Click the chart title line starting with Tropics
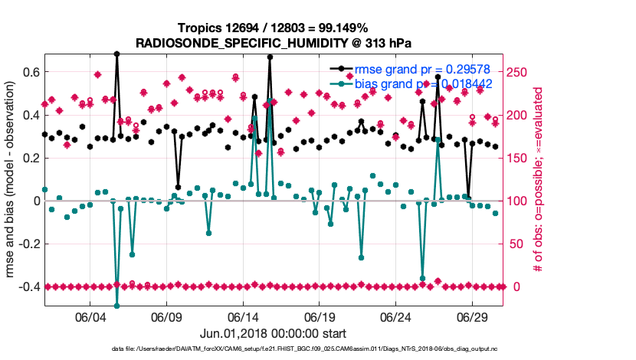273,28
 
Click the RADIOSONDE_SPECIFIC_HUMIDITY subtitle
273,43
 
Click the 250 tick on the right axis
518,72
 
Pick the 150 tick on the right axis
518,158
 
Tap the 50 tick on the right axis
515,244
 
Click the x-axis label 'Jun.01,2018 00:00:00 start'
273,334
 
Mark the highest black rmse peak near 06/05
116,54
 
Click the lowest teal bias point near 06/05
116,306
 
